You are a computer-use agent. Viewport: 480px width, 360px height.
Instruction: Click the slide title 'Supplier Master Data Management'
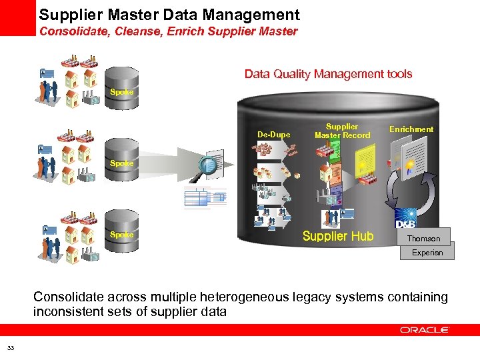pos(169,15)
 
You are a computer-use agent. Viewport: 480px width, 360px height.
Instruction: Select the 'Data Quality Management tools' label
pos(328,74)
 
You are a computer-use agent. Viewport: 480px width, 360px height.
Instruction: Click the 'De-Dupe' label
pos(273,135)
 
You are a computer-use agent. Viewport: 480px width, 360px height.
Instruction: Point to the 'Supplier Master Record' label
pos(342,131)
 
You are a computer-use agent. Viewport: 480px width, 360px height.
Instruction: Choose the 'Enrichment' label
pos(411,129)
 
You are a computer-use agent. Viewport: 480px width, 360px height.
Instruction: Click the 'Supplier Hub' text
pos(338,236)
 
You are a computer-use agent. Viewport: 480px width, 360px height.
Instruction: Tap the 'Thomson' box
pos(424,238)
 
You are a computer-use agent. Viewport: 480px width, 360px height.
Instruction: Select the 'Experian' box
pos(427,253)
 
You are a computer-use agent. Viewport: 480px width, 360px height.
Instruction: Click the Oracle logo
pos(425,329)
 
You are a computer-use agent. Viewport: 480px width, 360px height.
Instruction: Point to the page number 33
pos(11,347)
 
